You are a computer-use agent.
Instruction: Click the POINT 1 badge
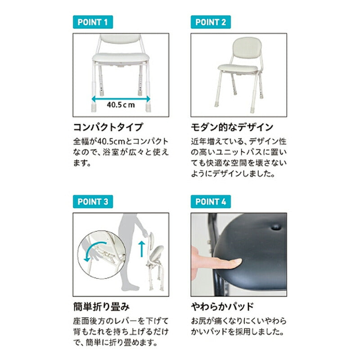[93, 22]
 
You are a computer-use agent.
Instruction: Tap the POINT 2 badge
[211, 22]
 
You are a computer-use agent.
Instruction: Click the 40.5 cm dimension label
[121, 105]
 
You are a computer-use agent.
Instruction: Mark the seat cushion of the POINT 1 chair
[121, 57]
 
